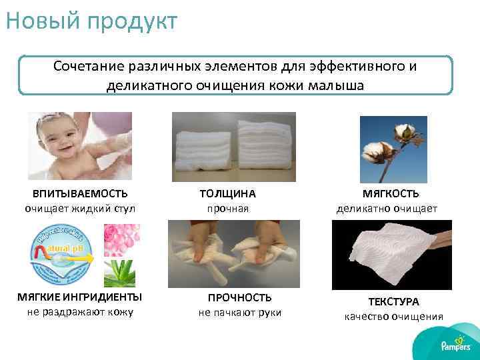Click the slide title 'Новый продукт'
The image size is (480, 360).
point(91,21)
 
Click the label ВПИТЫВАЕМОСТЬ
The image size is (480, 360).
point(80,193)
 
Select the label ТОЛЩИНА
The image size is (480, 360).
point(227,193)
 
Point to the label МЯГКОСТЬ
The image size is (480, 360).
point(391,193)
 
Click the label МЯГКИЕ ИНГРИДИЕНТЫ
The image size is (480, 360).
point(80,297)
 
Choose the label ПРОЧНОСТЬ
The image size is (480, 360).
point(240,297)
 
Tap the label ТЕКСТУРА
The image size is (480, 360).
point(393,301)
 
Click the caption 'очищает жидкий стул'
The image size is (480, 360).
point(80,209)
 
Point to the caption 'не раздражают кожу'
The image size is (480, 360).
point(80,312)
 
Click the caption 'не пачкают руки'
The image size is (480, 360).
point(240,313)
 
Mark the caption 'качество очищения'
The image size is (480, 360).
point(393,317)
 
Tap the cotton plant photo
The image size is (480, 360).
point(393,149)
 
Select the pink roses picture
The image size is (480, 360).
point(122,239)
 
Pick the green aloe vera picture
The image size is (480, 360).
point(121,272)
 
